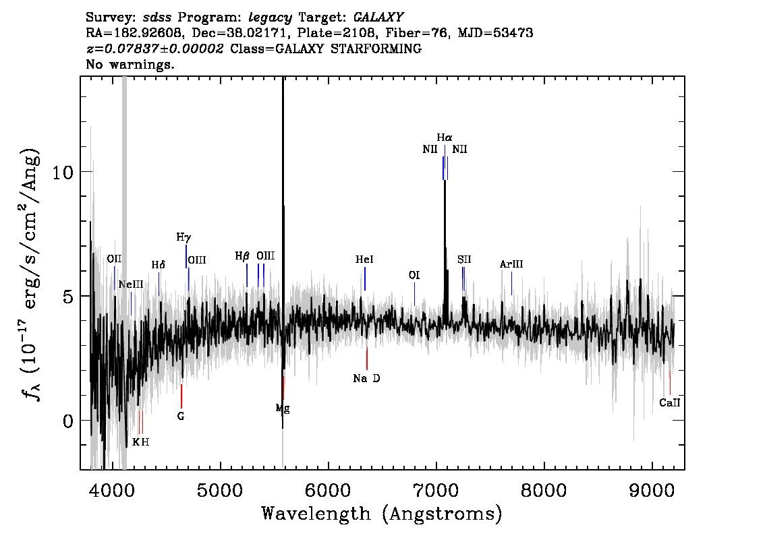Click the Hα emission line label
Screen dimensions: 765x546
point(444,138)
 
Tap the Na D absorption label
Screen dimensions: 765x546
point(366,378)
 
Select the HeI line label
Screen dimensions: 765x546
point(364,260)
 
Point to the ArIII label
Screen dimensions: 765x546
point(511,264)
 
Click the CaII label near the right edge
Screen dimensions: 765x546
point(669,402)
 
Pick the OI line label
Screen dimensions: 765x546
point(414,276)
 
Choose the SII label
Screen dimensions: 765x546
point(464,260)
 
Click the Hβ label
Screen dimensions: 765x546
point(242,256)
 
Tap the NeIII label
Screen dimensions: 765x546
point(131,284)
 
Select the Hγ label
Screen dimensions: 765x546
point(183,237)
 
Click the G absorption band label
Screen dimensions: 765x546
point(181,417)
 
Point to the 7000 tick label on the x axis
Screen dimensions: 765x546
point(436,490)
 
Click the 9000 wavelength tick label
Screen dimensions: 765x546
point(652,490)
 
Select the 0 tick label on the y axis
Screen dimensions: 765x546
point(68,421)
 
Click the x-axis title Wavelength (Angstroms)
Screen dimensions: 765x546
point(382,514)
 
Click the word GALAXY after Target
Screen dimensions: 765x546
point(378,18)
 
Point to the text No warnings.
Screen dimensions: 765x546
point(130,64)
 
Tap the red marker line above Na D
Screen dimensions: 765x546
point(367,359)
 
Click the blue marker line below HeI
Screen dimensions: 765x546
point(365,279)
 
